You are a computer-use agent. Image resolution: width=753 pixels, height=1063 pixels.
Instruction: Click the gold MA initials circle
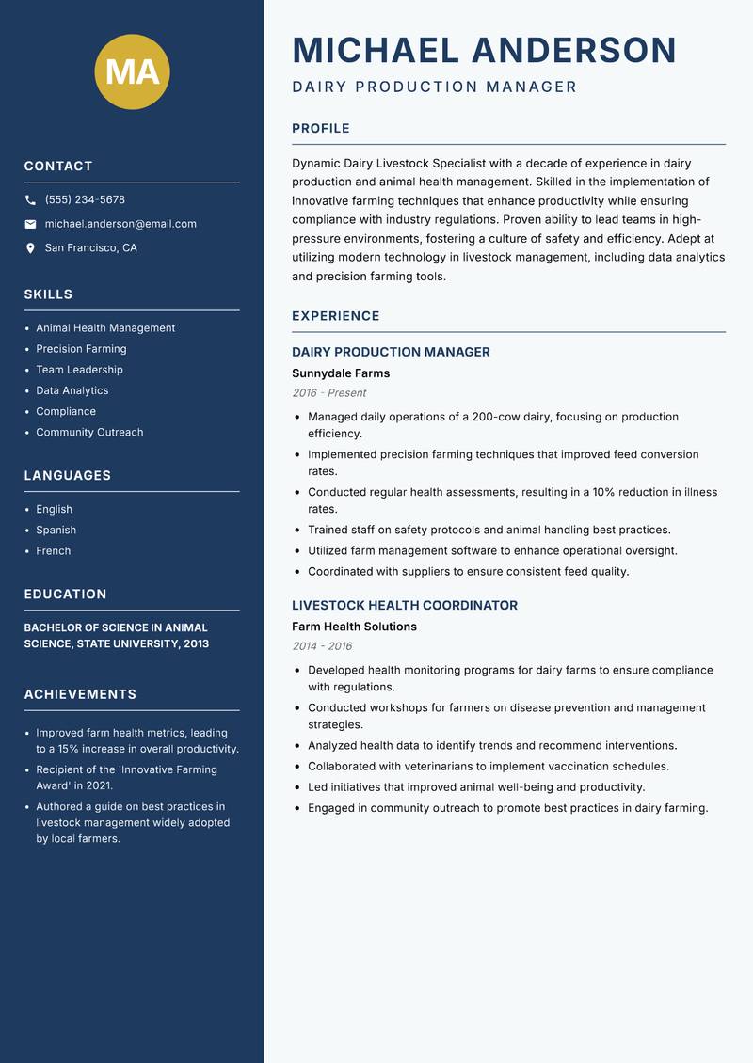click(x=132, y=71)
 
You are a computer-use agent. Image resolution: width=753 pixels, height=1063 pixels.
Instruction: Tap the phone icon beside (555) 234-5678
click(x=31, y=200)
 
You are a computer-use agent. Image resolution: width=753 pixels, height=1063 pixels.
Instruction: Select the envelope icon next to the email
click(x=31, y=224)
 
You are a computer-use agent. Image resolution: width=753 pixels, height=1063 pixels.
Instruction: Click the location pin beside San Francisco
click(x=31, y=248)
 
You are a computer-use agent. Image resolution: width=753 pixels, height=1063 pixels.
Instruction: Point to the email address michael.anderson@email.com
click(x=120, y=224)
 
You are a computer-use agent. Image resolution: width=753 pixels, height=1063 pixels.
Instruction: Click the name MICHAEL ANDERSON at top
click(x=484, y=51)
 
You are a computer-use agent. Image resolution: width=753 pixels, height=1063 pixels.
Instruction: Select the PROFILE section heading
click(x=321, y=129)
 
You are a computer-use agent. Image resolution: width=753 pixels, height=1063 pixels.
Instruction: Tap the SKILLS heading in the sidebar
click(x=48, y=294)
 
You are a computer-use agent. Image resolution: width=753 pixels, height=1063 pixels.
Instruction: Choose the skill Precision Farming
click(x=81, y=349)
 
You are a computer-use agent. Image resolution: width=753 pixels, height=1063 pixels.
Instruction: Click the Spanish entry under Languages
click(x=56, y=531)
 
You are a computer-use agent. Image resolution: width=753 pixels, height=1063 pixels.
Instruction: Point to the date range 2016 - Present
click(x=328, y=393)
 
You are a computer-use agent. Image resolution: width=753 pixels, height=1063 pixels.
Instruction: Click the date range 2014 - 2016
click(x=322, y=646)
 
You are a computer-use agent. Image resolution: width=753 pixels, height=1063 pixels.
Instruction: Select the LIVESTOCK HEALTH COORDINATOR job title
click(x=405, y=606)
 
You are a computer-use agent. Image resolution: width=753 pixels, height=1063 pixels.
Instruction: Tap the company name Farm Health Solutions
click(x=354, y=627)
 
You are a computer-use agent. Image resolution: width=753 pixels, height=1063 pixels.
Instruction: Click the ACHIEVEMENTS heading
click(x=80, y=694)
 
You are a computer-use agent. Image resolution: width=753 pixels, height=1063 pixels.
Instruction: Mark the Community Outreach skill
click(x=89, y=433)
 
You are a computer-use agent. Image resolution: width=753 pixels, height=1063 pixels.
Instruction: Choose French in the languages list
click(x=54, y=551)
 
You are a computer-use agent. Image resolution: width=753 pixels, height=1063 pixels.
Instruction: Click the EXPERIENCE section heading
click(x=336, y=316)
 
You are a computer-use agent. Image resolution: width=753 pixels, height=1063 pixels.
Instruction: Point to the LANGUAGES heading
click(x=68, y=476)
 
